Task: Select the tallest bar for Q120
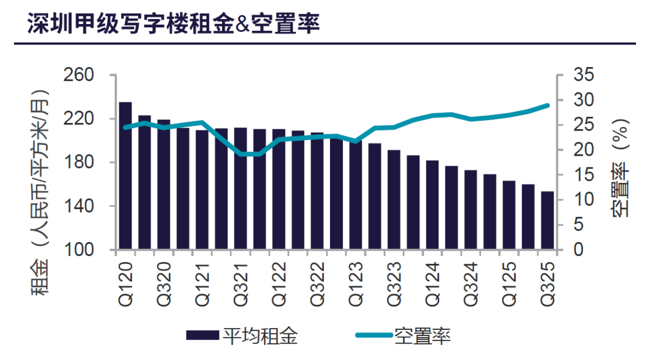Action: click(x=125, y=176)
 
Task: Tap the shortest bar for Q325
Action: click(x=548, y=221)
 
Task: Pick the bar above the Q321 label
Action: click(x=241, y=188)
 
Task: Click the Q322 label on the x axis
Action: click(x=317, y=285)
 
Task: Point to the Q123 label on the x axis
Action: click(x=356, y=285)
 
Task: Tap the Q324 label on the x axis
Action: click(x=471, y=285)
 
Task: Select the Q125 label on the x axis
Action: click(x=509, y=285)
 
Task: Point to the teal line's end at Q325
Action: click(x=548, y=105)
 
